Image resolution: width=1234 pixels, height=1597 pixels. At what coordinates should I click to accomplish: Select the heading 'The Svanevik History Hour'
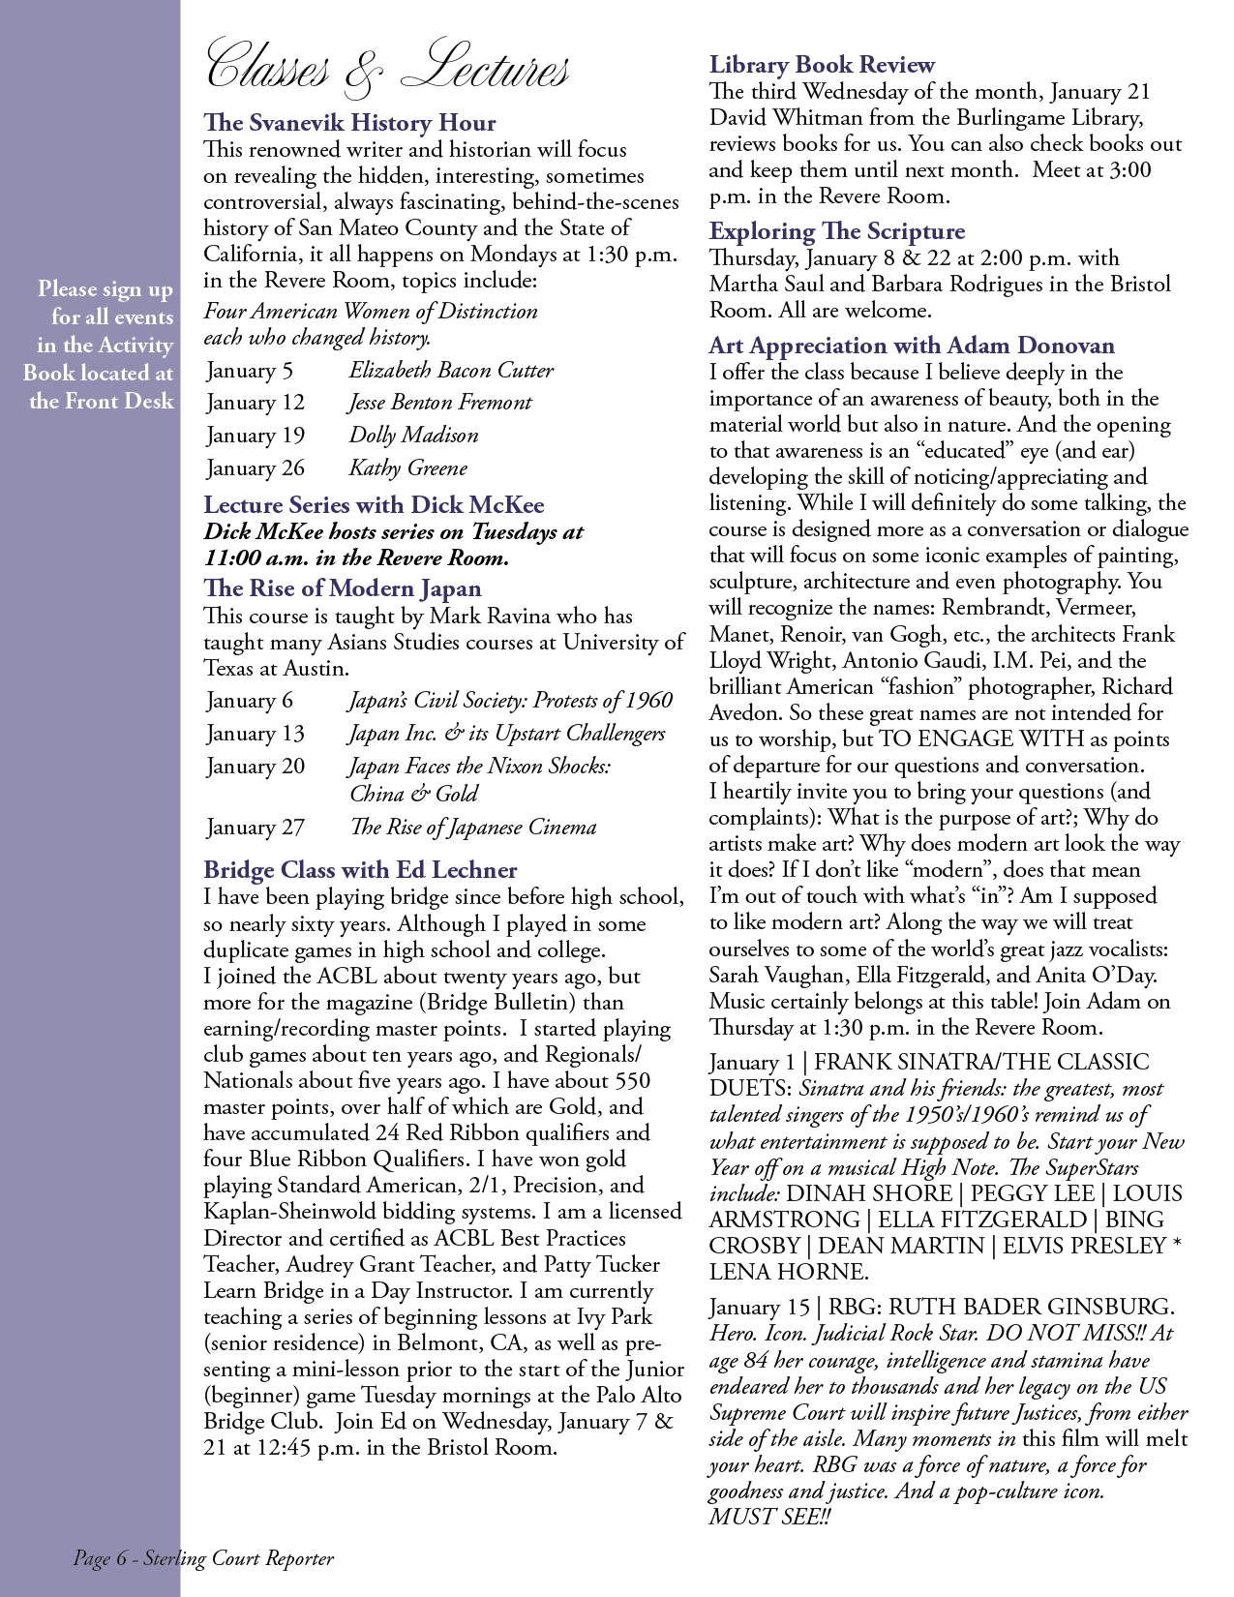coord(349,123)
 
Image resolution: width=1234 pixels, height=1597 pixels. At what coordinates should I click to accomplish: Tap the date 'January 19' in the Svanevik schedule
coord(256,436)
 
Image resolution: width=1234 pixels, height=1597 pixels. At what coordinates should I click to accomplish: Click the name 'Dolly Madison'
coord(413,436)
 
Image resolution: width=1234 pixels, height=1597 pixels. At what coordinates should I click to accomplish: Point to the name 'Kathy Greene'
coord(407,468)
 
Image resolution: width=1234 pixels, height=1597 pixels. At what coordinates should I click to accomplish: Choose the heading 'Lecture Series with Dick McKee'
coord(374,505)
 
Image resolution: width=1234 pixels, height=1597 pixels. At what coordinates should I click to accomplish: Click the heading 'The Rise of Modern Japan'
coord(342,588)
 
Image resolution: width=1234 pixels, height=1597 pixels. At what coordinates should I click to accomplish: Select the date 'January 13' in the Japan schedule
coord(256,734)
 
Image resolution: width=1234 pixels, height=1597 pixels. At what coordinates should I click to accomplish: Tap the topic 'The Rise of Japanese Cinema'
coord(472,828)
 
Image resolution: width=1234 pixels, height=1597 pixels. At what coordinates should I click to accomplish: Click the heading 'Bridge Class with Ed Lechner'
coord(360,870)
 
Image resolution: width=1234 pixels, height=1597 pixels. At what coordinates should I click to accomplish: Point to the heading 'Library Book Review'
coord(822,65)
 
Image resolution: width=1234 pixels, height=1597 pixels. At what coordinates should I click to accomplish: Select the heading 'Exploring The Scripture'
coord(837,231)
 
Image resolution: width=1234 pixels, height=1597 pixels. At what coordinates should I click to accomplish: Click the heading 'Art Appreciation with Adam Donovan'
coord(912,346)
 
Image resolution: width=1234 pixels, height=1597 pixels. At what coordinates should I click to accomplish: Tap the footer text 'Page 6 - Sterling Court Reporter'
coord(203,1558)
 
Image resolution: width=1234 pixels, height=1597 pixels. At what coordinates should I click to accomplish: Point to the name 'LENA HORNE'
coord(786,1272)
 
